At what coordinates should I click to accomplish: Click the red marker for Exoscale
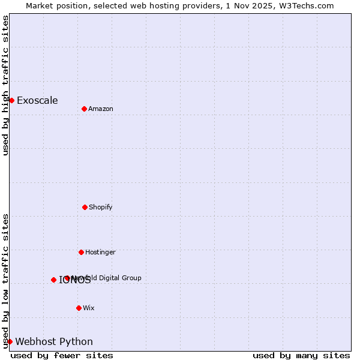tap(11, 100)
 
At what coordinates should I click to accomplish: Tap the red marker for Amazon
tap(84, 109)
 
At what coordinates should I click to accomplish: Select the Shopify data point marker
tap(85, 207)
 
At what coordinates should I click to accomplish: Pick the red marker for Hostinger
tap(81, 252)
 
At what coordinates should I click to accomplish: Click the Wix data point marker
tap(79, 308)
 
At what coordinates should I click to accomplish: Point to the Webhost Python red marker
tap(10, 341)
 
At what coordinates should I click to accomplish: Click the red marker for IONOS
tap(53, 280)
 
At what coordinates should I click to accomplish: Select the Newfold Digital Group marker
tap(67, 278)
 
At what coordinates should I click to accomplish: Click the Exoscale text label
tap(37, 100)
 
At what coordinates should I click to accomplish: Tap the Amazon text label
tap(101, 109)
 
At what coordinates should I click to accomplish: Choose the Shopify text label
tap(101, 207)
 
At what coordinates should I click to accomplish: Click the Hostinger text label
tap(100, 252)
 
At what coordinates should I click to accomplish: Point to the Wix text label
tap(89, 308)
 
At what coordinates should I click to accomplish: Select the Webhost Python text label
tap(54, 341)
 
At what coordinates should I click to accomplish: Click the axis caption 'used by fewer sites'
tap(62, 355)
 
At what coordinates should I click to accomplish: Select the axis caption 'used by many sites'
tap(301, 355)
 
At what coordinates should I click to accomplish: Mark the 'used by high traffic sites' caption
tap(5, 85)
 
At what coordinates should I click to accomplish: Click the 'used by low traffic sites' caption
tap(5, 281)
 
